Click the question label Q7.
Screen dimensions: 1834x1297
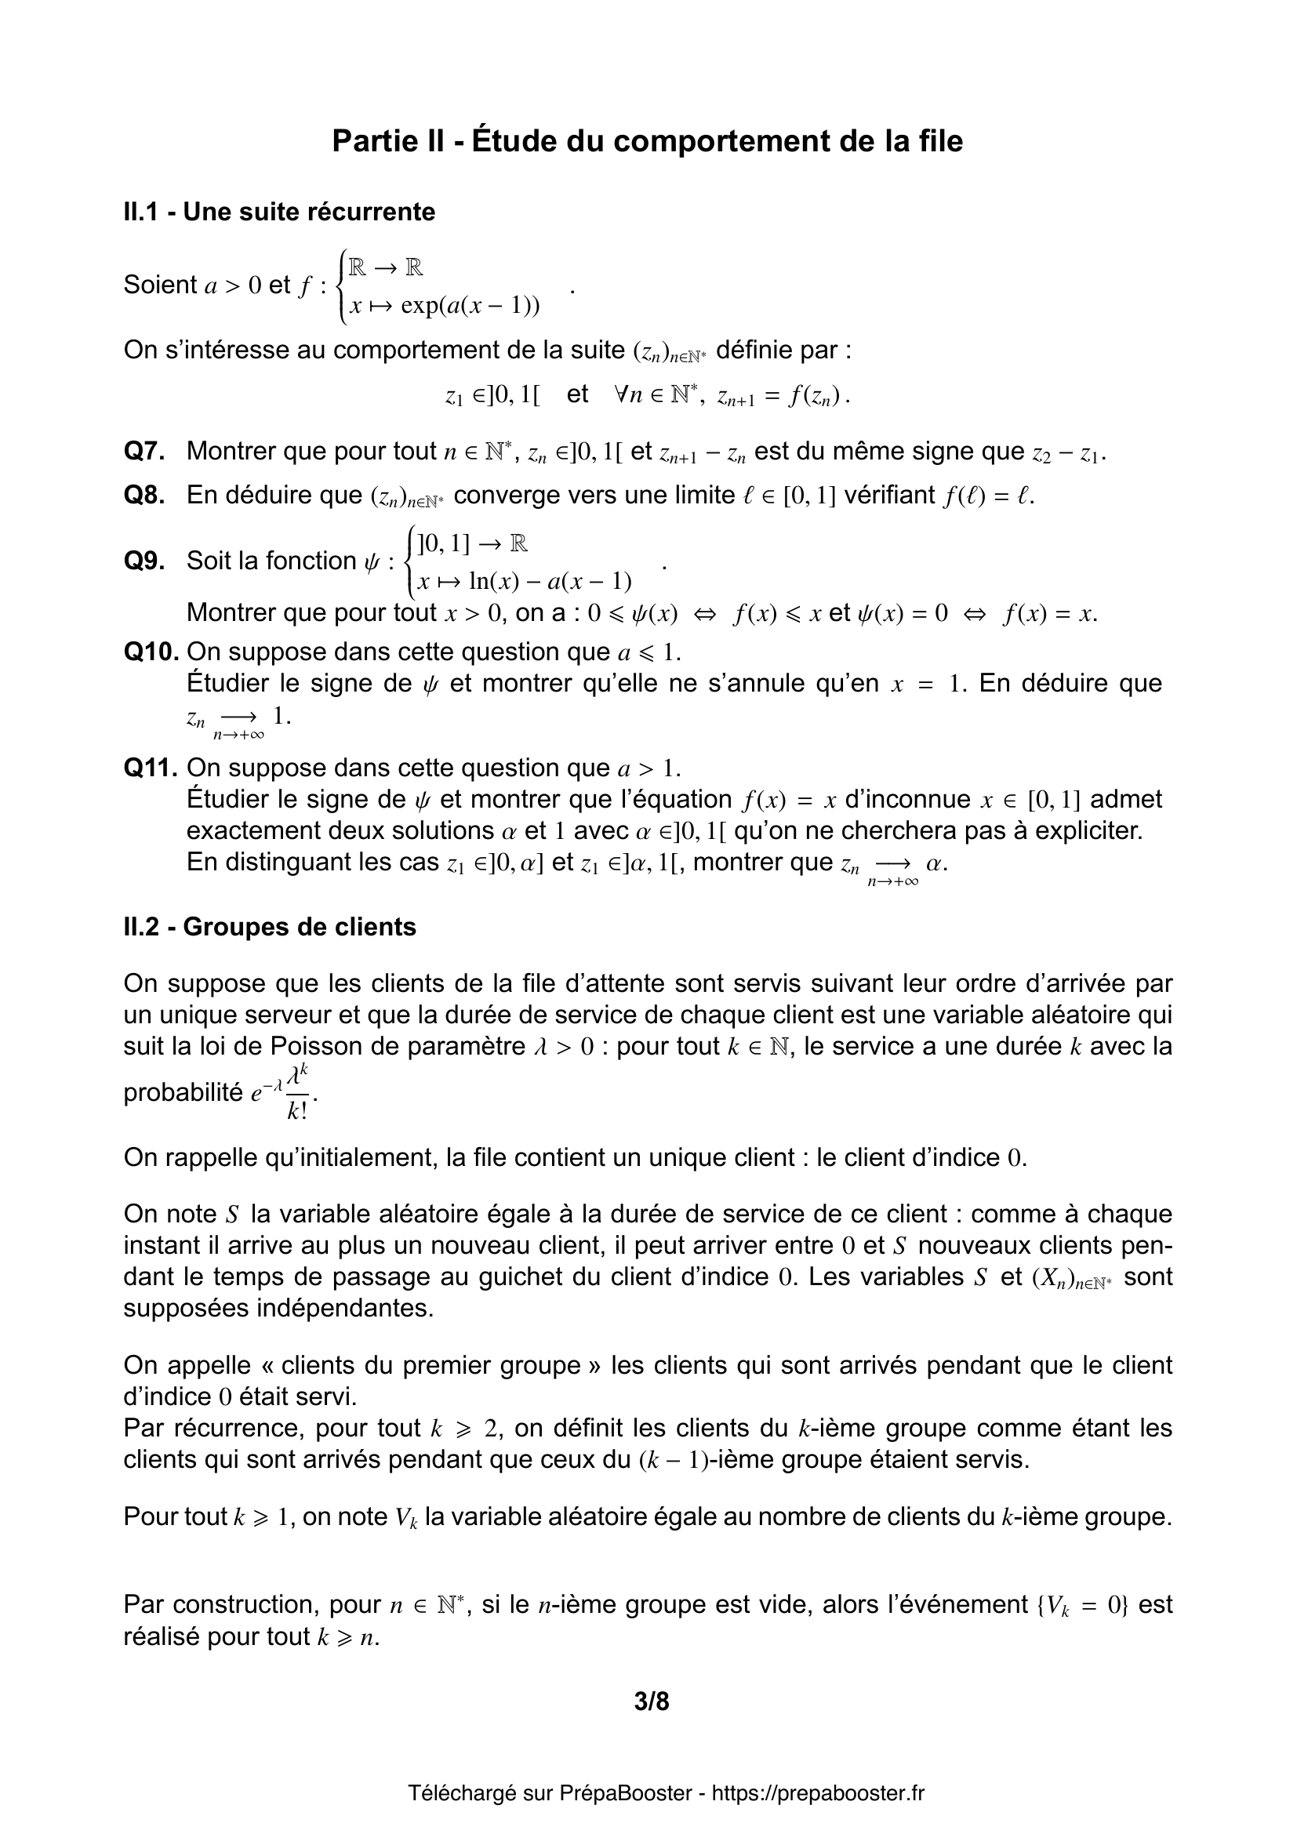144,452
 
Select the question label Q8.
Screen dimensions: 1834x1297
144,496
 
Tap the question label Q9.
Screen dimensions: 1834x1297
144,561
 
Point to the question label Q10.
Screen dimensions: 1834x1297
151,652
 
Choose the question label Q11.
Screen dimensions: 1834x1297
151,768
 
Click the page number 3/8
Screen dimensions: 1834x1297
652,1702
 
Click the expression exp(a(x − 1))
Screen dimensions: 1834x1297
470,306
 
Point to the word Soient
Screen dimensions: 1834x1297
160,285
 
